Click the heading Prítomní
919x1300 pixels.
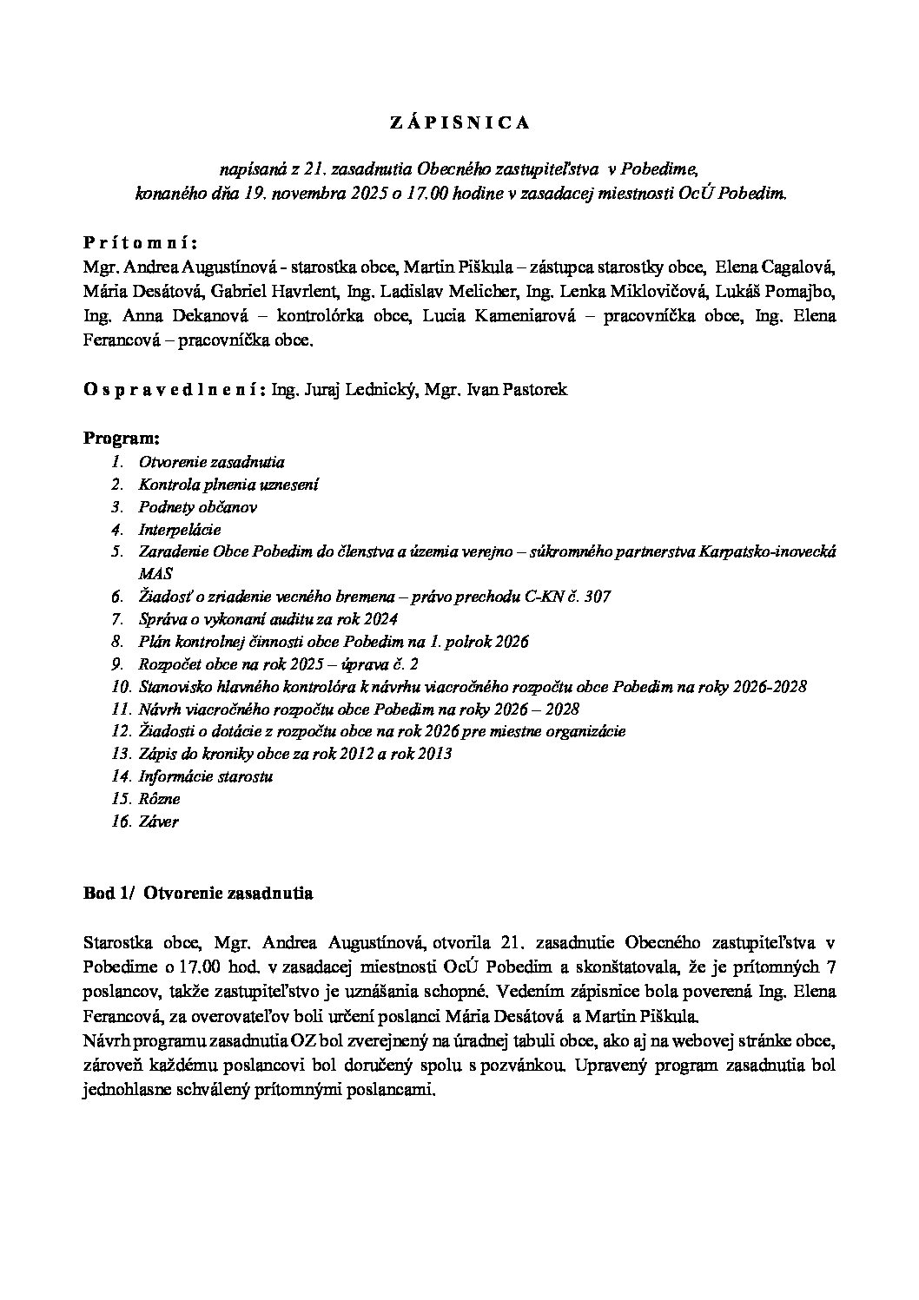pyautogui.click(x=141, y=241)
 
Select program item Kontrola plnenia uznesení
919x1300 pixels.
pyautogui.click(x=228, y=485)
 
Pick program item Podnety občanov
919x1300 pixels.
pyautogui.click(x=197, y=507)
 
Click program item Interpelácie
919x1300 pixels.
pyautogui.click(x=180, y=530)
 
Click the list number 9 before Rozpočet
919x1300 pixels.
pyautogui.click(x=117, y=664)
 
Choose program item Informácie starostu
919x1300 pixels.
pyautogui.click(x=206, y=776)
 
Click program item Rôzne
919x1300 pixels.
pyautogui.click(x=159, y=799)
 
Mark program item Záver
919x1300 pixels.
pyautogui.click(x=158, y=822)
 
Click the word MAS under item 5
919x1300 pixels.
pyautogui.click(x=155, y=574)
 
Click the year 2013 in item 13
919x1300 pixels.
pyautogui.click(x=435, y=754)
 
